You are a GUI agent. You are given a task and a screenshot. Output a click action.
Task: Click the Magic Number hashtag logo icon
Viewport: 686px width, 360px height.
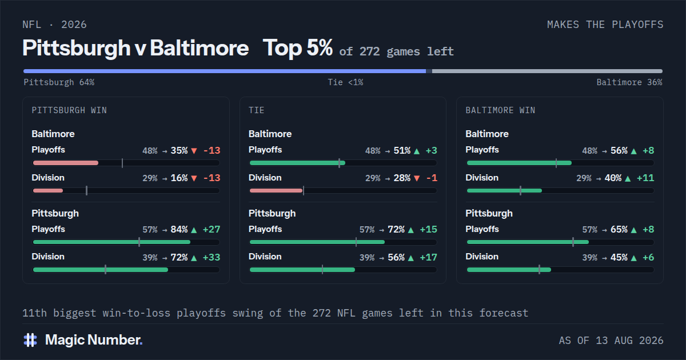[30, 340]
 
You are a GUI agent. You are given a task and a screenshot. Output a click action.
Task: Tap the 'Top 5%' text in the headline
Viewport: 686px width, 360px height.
[297, 48]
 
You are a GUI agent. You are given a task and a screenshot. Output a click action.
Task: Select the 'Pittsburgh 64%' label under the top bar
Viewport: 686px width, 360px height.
[59, 82]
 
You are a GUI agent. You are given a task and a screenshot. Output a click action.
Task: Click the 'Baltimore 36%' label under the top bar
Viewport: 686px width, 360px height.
[629, 82]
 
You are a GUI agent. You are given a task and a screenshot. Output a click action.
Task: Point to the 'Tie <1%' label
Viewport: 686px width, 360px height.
[345, 82]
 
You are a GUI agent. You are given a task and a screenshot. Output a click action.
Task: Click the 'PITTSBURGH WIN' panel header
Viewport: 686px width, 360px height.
[69, 110]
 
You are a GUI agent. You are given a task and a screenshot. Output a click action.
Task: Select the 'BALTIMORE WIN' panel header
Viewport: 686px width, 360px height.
[500, 110]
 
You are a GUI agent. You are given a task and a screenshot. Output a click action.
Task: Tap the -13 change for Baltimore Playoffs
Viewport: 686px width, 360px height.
[212, 151]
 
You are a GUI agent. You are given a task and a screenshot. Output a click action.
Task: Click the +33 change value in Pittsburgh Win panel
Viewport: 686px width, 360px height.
[212, 258]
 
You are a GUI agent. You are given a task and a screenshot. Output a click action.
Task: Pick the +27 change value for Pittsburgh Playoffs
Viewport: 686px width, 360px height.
[212, 230]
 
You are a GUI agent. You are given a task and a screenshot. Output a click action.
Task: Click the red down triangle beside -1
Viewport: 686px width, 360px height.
[417, 178]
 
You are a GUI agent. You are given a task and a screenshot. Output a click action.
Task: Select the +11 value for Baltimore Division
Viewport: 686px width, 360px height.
[645, 178]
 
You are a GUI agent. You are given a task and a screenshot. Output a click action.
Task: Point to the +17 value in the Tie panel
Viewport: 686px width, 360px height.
[428, 258]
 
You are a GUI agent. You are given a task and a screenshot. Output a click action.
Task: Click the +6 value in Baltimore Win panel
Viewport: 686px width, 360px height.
[648, 258]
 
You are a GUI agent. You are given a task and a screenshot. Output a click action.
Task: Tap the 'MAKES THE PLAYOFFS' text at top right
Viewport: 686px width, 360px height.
[605, 25]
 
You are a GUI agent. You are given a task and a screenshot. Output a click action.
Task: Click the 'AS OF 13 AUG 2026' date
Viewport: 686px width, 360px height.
[611, 341]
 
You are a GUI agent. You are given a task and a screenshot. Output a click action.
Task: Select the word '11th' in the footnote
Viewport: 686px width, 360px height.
[35, 313]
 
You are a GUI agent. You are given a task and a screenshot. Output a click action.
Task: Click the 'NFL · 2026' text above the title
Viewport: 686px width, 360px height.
[54, 25]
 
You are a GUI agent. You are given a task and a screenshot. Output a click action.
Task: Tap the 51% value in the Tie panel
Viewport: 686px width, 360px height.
[402, 151]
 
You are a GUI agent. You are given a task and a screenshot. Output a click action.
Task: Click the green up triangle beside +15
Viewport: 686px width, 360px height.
[411, 230]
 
